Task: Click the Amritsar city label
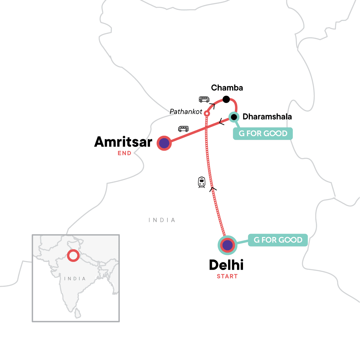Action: (123, 142)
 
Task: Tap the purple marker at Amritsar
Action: (164, 143)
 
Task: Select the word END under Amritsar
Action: (124, 153)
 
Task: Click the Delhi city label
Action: (226, 265)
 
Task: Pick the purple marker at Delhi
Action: (227, 245)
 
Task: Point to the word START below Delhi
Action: (227, 276)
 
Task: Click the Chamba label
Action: (227, 88)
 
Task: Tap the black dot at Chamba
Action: (226, 99)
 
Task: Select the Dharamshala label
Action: (267, 117)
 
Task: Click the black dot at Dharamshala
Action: (234, 117)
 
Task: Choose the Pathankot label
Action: (186, 112)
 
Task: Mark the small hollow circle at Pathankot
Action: (207, 114)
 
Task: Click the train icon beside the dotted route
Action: (202, 182)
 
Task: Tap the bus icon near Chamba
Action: (204, 99)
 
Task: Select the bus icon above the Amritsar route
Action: (183, 129)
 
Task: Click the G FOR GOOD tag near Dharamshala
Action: (263, 133)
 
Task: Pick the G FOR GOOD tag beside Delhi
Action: (278, 240)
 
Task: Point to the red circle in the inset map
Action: (73, 256)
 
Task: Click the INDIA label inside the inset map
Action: (75, 279)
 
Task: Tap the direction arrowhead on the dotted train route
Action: (213, 189)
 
